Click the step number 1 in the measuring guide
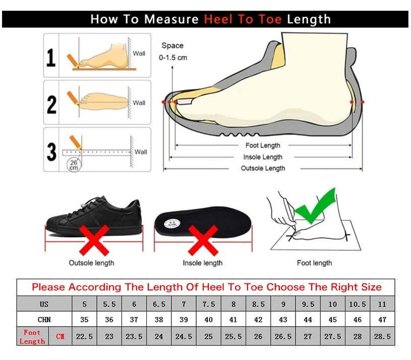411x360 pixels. (x=51, y=58)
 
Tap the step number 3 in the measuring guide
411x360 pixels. (x=51, y=151)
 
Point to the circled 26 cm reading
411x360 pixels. (x=74, y=164)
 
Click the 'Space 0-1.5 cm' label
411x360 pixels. (x=173, y=51)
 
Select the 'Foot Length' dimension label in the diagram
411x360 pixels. (x=263, y=146)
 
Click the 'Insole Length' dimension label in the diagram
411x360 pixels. (x=263, y=157)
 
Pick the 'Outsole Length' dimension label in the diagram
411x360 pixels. (x=263, y=168)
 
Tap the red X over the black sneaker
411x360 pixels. (x=94, y=240)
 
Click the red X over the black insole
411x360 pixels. (x=203, y=240)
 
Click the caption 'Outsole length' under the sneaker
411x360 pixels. (x=91, y=263)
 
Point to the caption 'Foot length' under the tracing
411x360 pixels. (x=314, y=263)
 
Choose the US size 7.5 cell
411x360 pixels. (x=208, y=305)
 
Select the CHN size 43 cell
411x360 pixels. (x=283, y=320)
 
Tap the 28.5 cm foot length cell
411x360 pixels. (x=382, y=336)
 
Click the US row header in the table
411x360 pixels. (x=44, y=305)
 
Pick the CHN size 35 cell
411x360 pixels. (x=84, y=320)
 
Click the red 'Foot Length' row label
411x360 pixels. (x=32, y=337)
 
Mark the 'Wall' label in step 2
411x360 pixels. (x=139, y=103)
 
